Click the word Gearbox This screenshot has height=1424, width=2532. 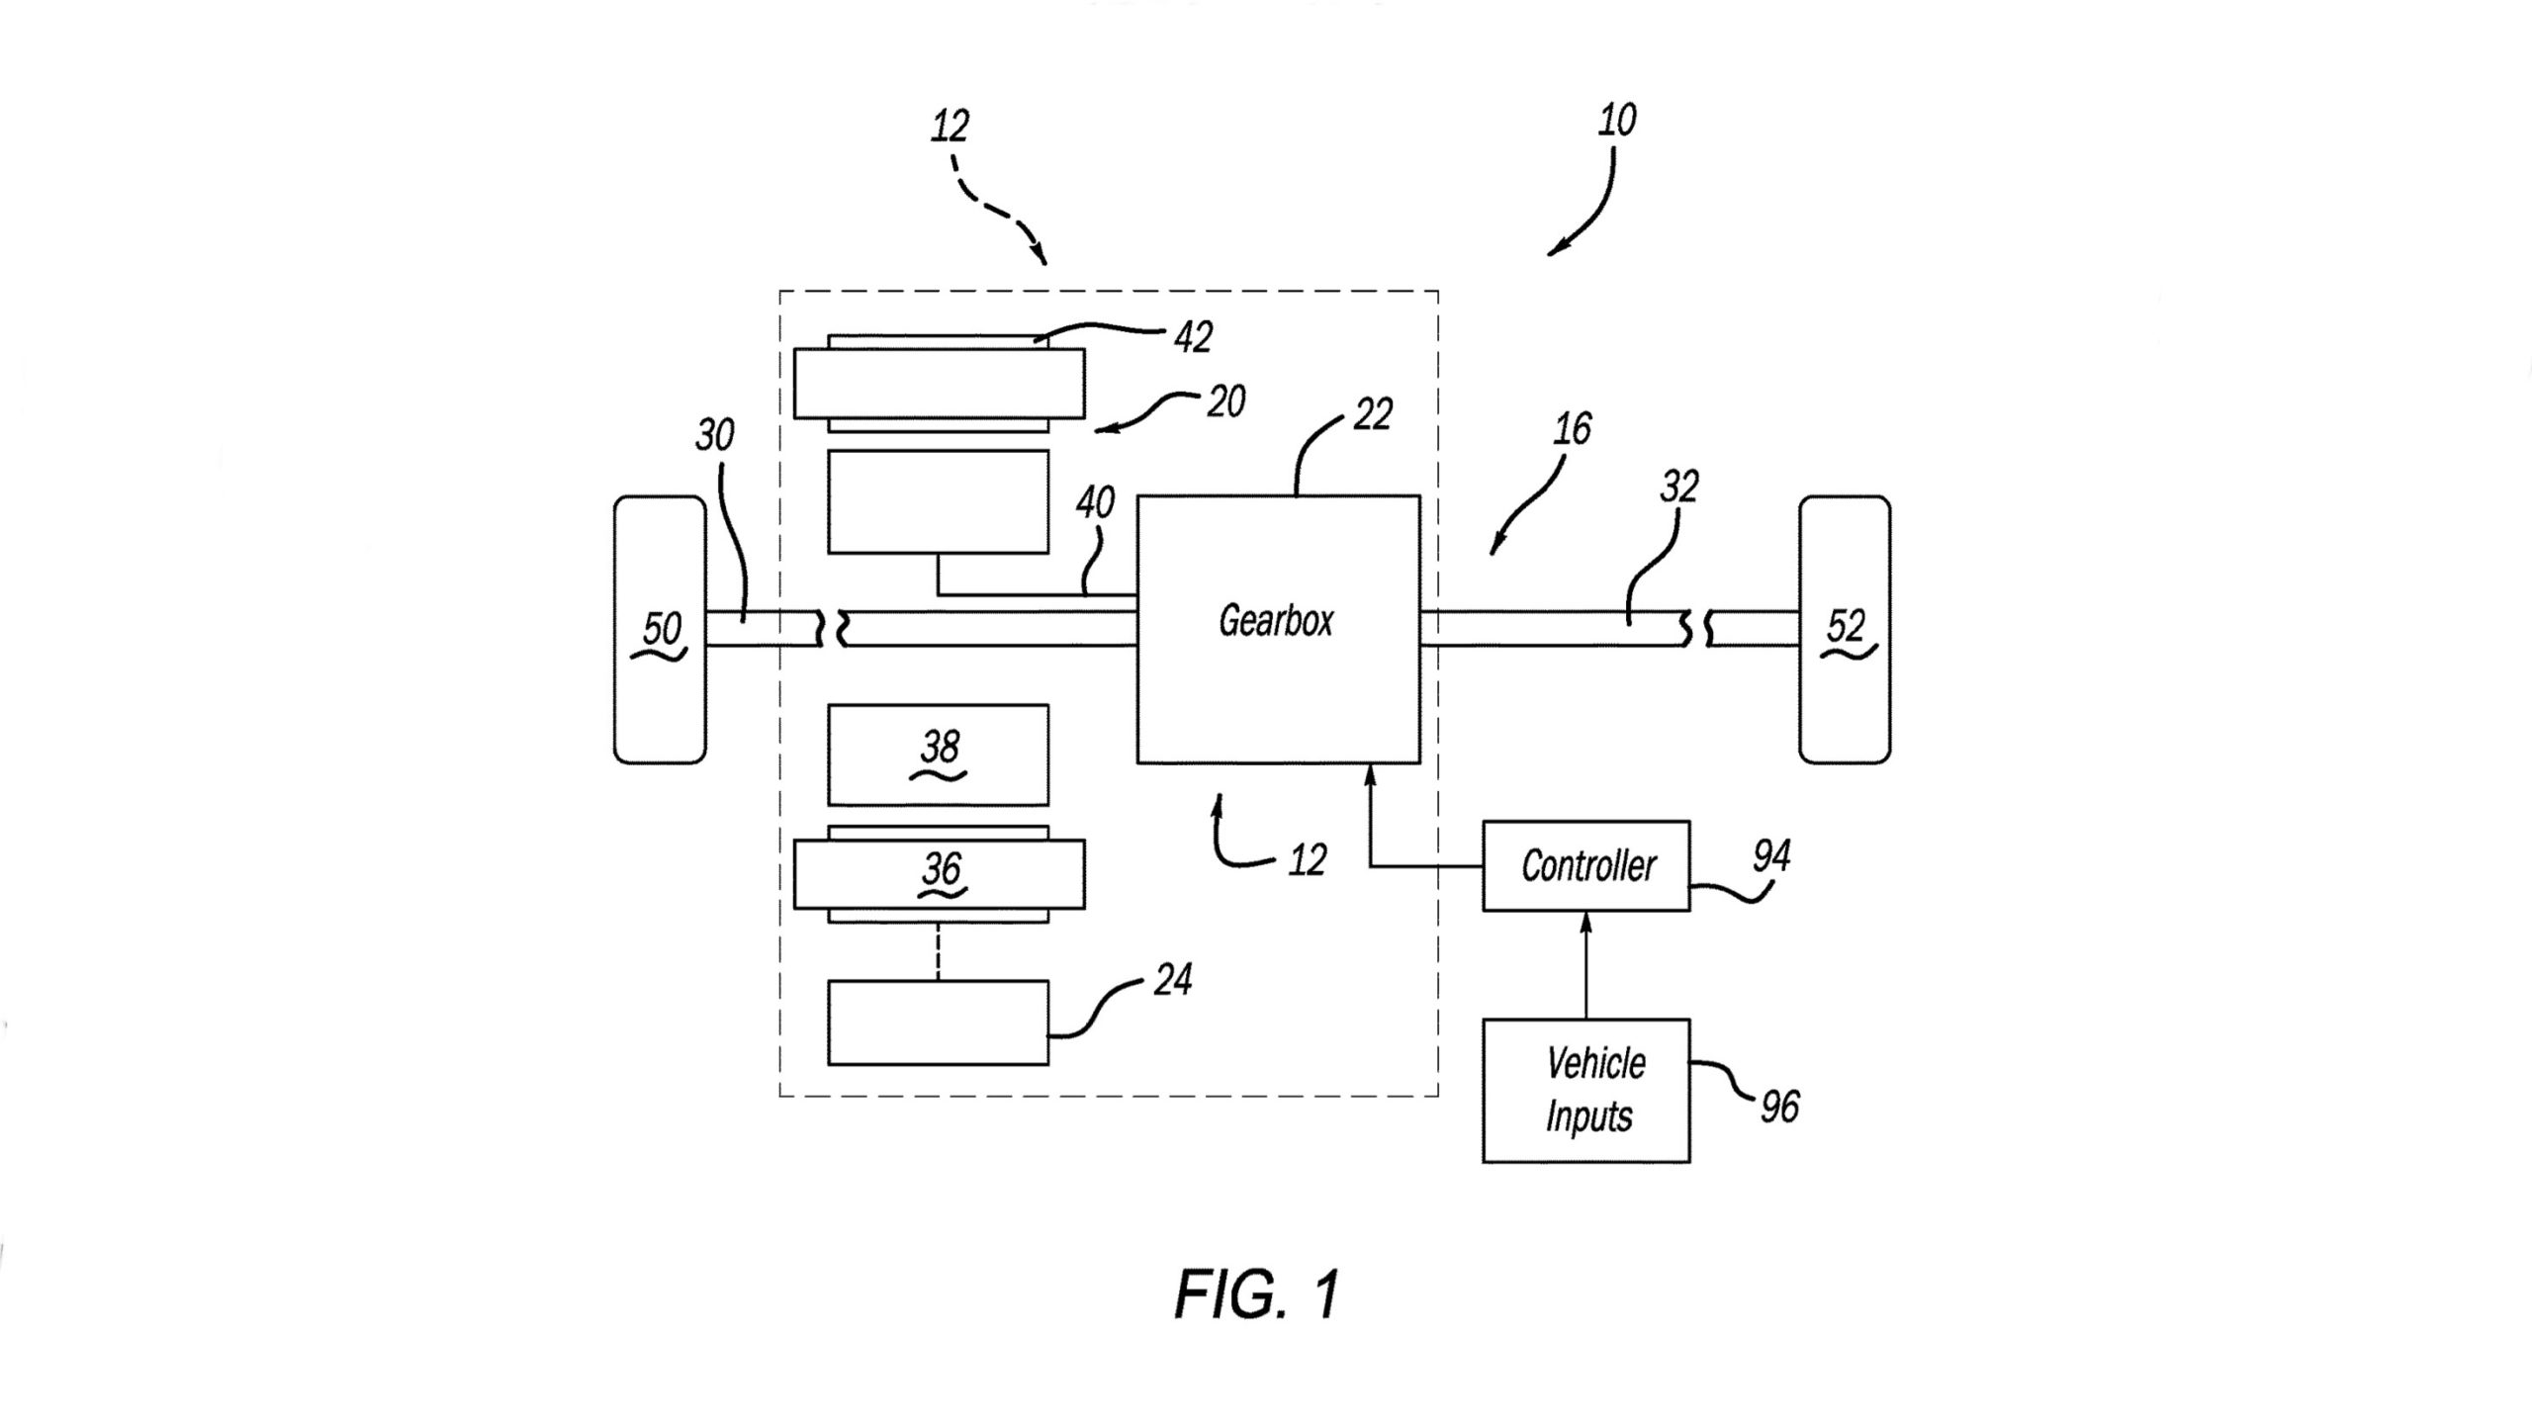coord(1276,621)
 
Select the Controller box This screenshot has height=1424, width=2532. coord(1586,865)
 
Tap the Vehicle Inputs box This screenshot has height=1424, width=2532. coord(1586,1090)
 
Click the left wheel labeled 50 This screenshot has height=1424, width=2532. coord(660,629)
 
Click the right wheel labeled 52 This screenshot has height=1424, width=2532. coord(1845,629)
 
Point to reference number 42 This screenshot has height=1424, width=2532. coord(1193,337)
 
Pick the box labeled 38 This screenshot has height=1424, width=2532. coord(938,755)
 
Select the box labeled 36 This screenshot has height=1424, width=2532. coord(939,874)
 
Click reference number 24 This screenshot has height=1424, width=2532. coord(1172,979)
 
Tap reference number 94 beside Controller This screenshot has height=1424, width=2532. coord(1770,855)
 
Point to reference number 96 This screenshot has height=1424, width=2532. coord(1779,1107)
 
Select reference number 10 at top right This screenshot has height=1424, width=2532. coord(1617,120)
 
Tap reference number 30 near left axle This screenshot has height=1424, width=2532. coord(715,434)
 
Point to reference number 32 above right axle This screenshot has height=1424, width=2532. coord(1678,487)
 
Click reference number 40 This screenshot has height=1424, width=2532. coord(1095,503)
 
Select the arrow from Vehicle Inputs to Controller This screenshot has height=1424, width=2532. coord(1586,965)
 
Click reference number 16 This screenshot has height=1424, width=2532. coord(1572,428)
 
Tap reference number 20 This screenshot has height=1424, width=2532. coord(1225,402)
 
